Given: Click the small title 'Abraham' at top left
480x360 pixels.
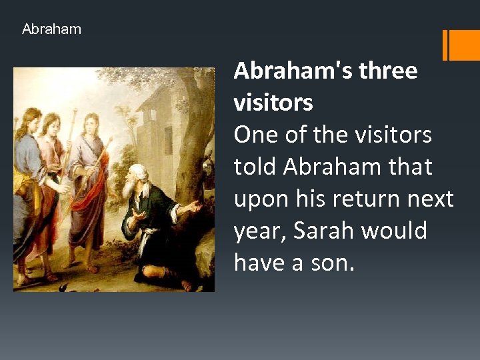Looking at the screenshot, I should (51, 29).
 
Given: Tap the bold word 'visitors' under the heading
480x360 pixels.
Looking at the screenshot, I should (273, 103).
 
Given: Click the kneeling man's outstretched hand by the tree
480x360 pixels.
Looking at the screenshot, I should (193, 207).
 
